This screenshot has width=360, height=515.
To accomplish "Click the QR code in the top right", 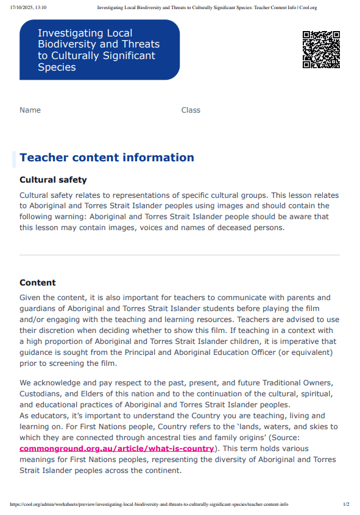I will click(x=321, y=49).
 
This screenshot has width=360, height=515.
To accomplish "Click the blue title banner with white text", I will click(x=99, y=50).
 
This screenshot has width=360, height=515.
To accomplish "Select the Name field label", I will click(x=30, y=110).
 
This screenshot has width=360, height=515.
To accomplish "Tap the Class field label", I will click(x=191, y=110).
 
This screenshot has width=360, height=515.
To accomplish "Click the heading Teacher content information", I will click(x=107, y=158).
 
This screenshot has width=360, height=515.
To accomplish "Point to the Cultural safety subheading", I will click(x=53, y=180).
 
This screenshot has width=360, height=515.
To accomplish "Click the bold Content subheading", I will click(x=38, y=283).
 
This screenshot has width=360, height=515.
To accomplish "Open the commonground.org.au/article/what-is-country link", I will click(x=117, y=449).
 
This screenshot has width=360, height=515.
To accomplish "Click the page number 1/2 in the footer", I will click(x=346, y=505).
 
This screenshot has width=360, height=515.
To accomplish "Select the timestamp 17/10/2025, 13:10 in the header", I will click(x=28, y=8).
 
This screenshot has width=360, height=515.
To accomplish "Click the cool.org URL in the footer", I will click(x=149, y=505).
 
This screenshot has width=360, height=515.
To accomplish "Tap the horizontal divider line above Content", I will click(x=180, y=254).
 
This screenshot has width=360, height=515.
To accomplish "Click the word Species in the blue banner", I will click(x=57, y=68).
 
